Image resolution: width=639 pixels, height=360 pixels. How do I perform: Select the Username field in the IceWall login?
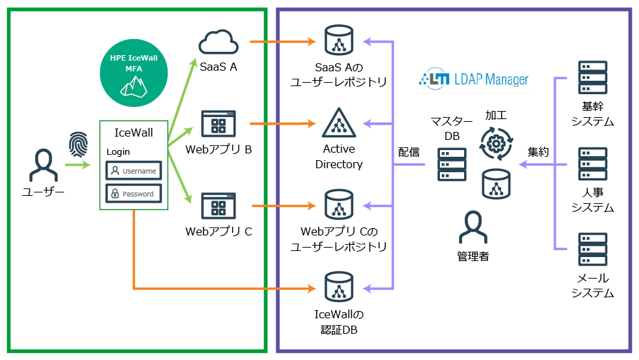[x=134, y=171]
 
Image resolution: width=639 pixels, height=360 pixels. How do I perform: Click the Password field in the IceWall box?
[x=134, y=194]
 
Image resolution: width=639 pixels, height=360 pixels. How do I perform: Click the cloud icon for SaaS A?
[x=219, y=43]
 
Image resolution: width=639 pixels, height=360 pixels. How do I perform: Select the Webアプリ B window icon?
[x=219, y=124]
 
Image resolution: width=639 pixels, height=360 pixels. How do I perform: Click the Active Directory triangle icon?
[x=338, y=123]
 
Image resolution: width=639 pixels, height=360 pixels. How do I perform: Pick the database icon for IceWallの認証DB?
[x=338, y=287]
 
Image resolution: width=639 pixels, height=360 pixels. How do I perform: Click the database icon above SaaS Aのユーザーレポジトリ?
[x=338, y=41]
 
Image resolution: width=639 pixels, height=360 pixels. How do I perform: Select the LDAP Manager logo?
[x=474, y=79]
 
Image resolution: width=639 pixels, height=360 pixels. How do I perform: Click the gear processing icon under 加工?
[x=496, y=142]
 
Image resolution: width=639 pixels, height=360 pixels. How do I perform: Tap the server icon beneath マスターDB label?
[x=451, y=164]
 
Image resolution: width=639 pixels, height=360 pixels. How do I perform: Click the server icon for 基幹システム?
[x=593, y=78]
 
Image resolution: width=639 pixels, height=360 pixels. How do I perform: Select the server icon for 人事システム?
[x=593, y=164]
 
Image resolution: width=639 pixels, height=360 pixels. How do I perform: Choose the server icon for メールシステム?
[x=593, y=250]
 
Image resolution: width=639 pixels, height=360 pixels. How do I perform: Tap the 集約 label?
[x=538, y=152]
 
